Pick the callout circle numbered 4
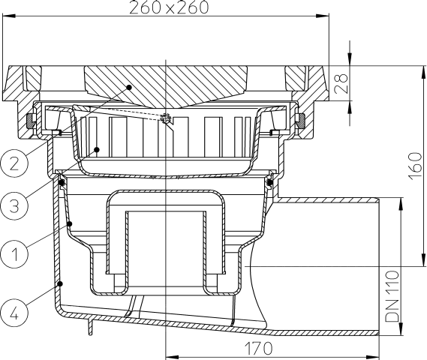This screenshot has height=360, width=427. pyautogui.click(x=14, y=308)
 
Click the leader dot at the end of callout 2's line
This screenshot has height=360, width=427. pyautogui.click(x=129, y=87)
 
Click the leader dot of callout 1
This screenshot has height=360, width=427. pyautogui.click(x=71, y=223)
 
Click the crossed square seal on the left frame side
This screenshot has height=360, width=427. pyautogui.click(x=31, y=118)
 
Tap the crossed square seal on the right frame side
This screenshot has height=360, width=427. pyautogui.click(x=299, y=118)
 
